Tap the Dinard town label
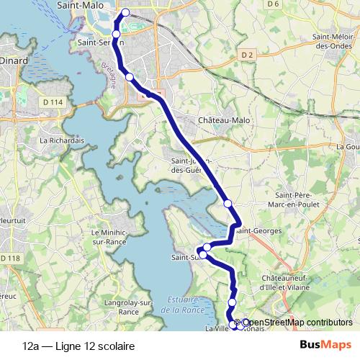click(x=14, y=61)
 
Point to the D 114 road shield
click(x=55, y=103)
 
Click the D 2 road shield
click(x=248, y=55)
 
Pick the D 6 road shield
click(x=271, y=4)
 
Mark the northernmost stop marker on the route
click(x=126, y=12)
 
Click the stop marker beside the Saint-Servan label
click(x=117, y=35)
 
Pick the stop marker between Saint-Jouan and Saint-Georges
click(x=228, y=204)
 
